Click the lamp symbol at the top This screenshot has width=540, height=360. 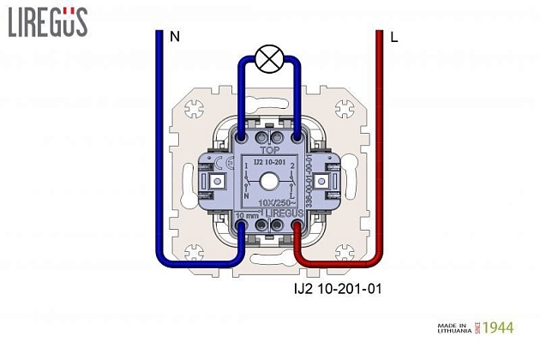coord(270,60)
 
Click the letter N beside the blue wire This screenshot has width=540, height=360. coord(175,37)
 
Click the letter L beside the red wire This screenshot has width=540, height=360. coord(393,38)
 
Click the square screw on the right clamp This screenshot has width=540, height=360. coord(321,182)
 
